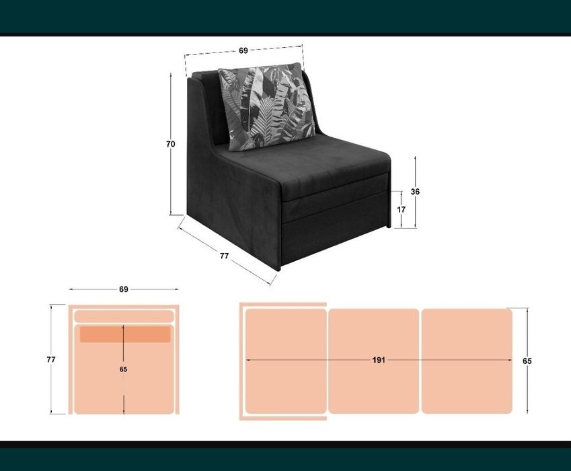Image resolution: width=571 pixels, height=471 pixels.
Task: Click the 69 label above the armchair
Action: click(x=243, y=50)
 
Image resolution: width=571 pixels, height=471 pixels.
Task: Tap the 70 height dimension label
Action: click(x=170, y=144)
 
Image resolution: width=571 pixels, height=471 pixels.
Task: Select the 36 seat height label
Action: click(x=415, y=191)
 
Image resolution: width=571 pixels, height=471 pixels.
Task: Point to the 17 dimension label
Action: click(x=402, y=209)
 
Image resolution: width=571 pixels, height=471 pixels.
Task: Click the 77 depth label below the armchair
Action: click(x=225, y=256)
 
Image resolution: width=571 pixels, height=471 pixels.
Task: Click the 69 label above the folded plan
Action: click(x=124, y=289)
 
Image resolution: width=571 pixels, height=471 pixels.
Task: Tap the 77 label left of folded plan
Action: click(x=51, y=359)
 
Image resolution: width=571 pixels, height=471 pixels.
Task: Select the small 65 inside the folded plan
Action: click(x=124, y=369)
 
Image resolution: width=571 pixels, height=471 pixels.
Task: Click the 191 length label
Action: click(x=379, y=360)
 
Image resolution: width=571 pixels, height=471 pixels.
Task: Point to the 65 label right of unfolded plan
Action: click(x=527, y=361)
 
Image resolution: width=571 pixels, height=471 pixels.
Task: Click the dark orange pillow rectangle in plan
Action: click(x=125, y=334)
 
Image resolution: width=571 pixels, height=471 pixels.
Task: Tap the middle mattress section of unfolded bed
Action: click(x=374, y=361)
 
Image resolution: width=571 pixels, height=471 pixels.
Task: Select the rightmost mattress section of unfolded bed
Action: click(x=467, y=361)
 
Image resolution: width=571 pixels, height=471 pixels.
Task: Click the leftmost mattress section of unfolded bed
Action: click(x=286, y=361)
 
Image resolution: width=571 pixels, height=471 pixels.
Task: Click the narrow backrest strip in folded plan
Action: click(x=124, y=316)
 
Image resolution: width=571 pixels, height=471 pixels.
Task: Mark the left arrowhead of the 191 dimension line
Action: click(x=248, y=360)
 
